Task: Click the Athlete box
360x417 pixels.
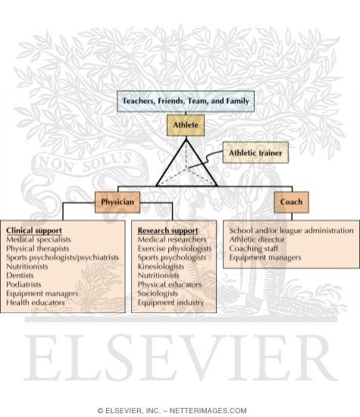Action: (x=186, y=125)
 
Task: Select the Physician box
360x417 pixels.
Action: (x=117, y=202)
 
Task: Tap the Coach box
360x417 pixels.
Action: (x=291, y=202)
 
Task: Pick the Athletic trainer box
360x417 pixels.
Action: (x=255, y=152)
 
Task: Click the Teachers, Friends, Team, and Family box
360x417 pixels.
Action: (x=186, y=101)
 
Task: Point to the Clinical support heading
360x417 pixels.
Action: (x=34, y=230)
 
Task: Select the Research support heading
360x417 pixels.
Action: (x=167, y=230)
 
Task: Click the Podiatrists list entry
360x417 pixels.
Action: (x=23, y=284)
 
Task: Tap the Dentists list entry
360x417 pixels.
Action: (x=20, y=275)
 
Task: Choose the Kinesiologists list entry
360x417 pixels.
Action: (x=161, y=266)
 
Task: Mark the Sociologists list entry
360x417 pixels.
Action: (x=158, y=293)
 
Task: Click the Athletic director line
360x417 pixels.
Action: (x=257, y=240)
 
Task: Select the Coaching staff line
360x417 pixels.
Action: (x=254, y=249)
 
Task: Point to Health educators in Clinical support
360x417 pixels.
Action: (x=36, y=303)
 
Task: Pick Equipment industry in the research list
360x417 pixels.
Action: (x=171, y=303)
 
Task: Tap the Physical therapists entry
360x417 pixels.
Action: (x=37, y=249)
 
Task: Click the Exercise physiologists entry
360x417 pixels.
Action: (x=174, y=249)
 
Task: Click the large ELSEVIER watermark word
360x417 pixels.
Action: (x=181, y=358)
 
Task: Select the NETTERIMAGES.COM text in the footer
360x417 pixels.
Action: (x=208, y=411)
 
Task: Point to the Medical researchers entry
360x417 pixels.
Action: (x=172, y=240)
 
